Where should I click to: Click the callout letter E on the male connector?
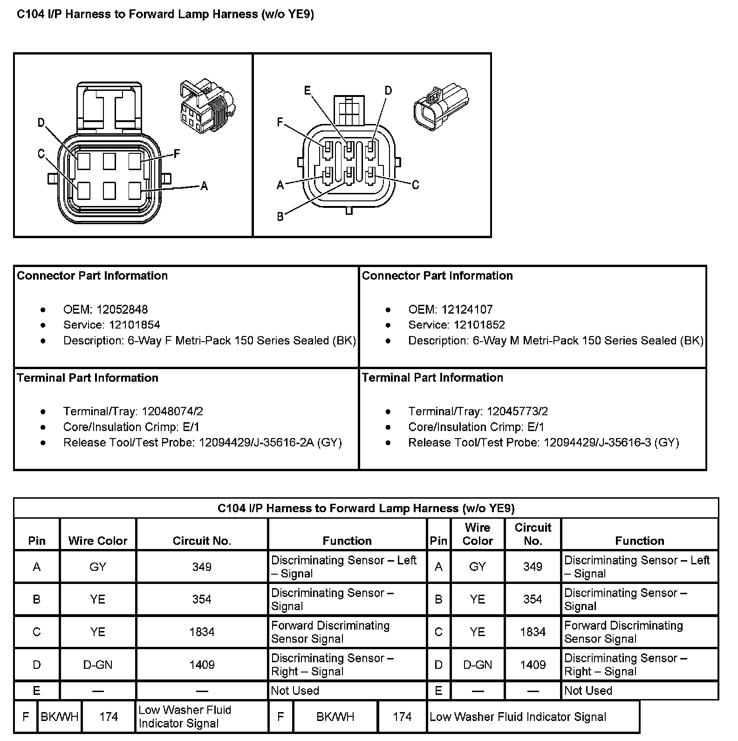(307, 90)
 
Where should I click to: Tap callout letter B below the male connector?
(280, 217)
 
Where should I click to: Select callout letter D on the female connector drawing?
(41, 123)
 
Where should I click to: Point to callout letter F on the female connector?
(177, 154)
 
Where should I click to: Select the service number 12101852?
(479, 325)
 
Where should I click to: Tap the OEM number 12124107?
(467, 309)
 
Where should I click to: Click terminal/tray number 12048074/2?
(172, 412)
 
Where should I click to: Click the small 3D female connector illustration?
(207, 105)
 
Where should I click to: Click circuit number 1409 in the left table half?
(202, 665)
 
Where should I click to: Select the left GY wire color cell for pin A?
(98, 567)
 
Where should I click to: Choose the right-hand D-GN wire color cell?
(478, 665)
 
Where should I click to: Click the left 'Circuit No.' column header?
(202, 541)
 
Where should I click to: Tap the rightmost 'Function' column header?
(639, 541)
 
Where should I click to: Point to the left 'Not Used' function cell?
(295, 691)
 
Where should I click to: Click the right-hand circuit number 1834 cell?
(533, 632)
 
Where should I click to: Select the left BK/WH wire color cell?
(59, 717)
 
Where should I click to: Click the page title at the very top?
(165, 14)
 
